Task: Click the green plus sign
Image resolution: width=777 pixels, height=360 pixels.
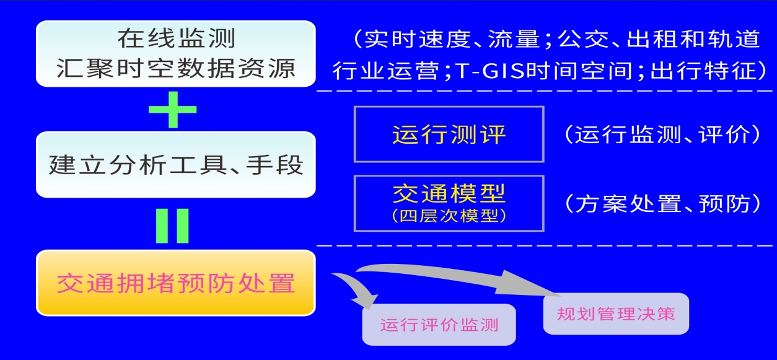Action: [172, 110]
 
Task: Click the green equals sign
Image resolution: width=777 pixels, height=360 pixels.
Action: [172, 226]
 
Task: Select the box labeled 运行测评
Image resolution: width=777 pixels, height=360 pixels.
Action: [449, 134]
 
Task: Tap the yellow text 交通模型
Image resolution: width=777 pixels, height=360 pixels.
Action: [449, 193]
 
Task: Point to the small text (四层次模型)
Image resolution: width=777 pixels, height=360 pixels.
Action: [449, 216]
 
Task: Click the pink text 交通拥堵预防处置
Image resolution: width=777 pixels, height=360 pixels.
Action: [176, 283]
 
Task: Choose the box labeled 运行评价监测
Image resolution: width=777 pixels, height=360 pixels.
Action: [439, 325]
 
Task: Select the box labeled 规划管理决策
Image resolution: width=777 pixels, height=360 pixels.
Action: [616, 314]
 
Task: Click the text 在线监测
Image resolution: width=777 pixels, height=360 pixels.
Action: [176, 38]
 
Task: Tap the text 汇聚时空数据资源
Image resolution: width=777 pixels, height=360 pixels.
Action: [176, 68]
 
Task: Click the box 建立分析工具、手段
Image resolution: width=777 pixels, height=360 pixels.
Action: [176, 165]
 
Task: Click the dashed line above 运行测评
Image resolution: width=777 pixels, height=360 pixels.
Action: [545, 91]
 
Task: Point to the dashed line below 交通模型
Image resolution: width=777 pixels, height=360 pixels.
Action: [545, 245]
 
